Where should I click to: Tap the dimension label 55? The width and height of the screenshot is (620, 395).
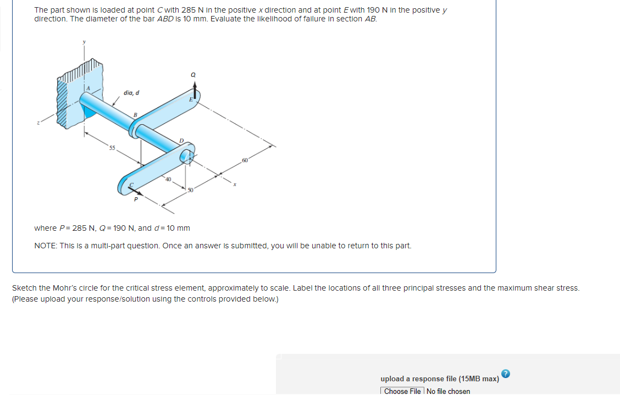tap(112, 148)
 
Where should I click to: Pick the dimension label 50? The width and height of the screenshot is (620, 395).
tap(191, 190)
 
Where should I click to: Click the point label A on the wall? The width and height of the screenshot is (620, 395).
tap(86, 88)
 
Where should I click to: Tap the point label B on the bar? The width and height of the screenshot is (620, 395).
tap(135, 114)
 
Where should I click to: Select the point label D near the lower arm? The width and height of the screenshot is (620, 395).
tap(181, 141)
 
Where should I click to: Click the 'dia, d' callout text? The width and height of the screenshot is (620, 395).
tap(131, 93)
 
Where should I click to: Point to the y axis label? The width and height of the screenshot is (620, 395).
tap(84, 41)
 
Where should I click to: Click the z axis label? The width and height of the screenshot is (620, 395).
tap(38, 124)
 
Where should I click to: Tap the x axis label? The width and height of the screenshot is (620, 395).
tap(235, 185)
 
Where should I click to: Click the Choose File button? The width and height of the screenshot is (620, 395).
tap(402, 391)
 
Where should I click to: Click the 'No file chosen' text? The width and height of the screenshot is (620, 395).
tap(448, 391)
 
